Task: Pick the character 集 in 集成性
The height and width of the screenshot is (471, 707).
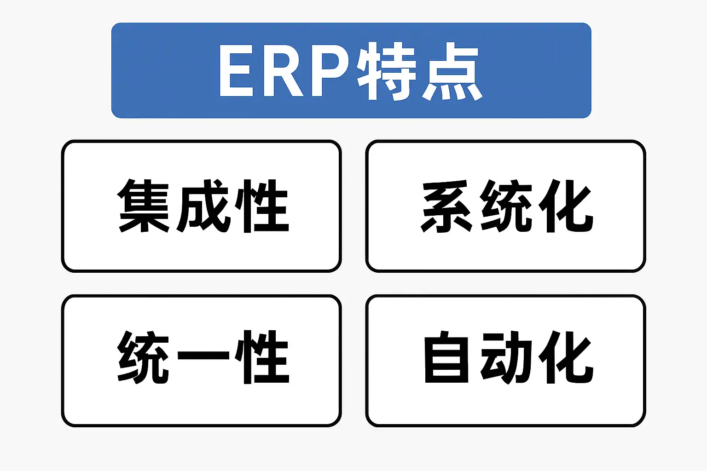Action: click(x=144, y=206)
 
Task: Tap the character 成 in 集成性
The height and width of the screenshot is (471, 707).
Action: click(x=203, y=206)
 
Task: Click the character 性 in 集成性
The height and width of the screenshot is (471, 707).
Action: click(x=261, y=206)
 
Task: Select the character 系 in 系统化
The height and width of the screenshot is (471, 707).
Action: click(x=446, y=206)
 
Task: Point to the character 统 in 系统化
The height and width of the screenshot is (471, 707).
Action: click(x=506, y=206)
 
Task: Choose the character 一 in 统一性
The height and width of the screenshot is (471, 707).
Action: click(x=203, y=355)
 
